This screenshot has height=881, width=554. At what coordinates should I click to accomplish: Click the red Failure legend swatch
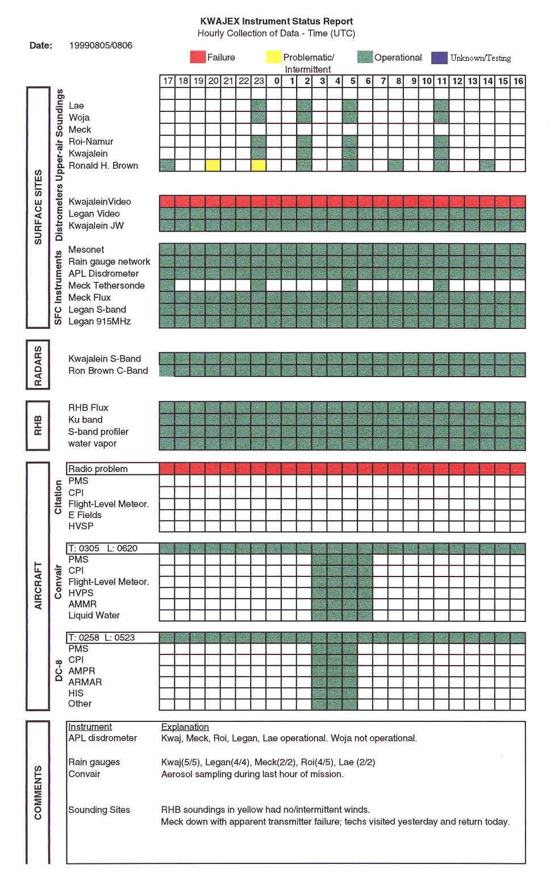pos(197,57)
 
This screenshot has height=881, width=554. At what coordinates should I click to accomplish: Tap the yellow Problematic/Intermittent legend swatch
pos(273,57)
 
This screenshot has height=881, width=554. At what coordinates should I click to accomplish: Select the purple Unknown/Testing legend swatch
pos(439,57)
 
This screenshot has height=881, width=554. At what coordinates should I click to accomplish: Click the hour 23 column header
pos(259,81)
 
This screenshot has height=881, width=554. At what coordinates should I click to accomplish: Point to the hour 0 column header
pos(277,81)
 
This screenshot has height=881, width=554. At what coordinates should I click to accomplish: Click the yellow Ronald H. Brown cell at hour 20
pos(213,165)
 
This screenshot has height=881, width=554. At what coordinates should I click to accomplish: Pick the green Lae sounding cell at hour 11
pos(441,106)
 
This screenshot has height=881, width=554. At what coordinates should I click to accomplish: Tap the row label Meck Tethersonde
pos(106,286)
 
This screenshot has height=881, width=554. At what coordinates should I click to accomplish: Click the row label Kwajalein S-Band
pos(105,359)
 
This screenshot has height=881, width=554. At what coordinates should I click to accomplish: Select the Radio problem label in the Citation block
pos(98,469)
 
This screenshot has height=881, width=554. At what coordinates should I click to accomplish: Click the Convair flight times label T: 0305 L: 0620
pos(103,549)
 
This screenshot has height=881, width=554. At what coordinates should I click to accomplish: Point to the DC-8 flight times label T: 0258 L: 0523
pos(101,638)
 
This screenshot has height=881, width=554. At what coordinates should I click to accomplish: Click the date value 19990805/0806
pos(101,45)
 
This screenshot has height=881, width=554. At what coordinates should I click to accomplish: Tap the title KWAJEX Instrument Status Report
pos(277,22)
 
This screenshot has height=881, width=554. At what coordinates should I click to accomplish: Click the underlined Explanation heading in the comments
pos(185,727)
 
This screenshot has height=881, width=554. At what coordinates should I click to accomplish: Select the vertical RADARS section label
pos(38,365)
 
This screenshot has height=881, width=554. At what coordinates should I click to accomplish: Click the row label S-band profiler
pos(98,432)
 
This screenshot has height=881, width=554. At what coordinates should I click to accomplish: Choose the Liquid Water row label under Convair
pos(94,615)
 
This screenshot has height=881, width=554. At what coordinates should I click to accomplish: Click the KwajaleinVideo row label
pos(99,202)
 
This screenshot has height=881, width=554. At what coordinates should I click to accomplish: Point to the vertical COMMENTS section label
pos(38,792)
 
